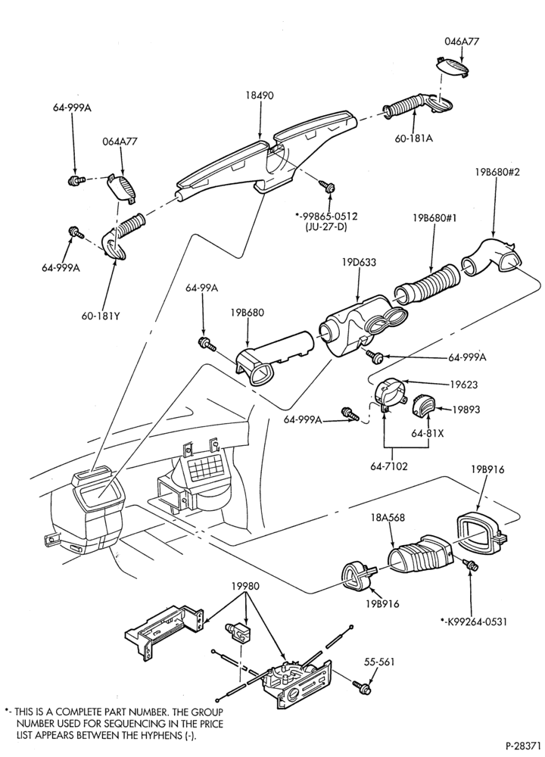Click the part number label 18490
(260, 95)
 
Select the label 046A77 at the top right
(462, 42)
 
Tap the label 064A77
(120, 142)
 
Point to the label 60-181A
(414, 139)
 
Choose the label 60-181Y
(100, 316)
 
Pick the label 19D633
(359, 263)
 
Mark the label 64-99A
(202, 288)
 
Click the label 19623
(464, 385)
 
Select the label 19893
(466, 410)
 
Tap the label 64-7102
(389, 466)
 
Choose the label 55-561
(379, 662)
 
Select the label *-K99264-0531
(474, 621)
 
